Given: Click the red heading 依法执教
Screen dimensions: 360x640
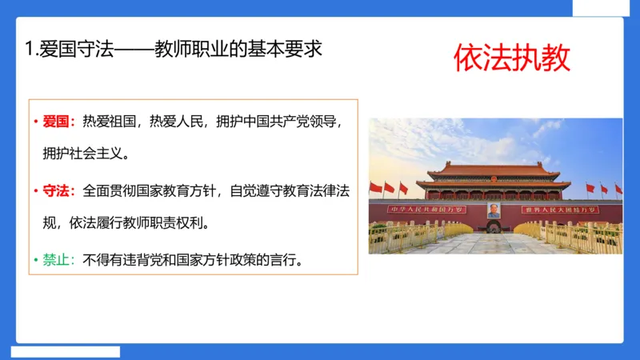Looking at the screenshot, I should pyautogui.click(x=512, y=58).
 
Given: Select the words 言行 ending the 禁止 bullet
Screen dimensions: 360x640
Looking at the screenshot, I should pyautogui.click(x=287, y=261).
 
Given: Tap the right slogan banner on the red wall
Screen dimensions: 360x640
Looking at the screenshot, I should pyautogui.click(x=560, y=210).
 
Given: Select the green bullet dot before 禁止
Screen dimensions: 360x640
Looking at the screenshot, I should pyautogui.click(x=35, y=262).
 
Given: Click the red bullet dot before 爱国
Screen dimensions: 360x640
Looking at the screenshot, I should pyautogui.click(x=35, y=123).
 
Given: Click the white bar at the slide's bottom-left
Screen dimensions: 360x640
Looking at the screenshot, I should pyautogui.click(x=66, y=351).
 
